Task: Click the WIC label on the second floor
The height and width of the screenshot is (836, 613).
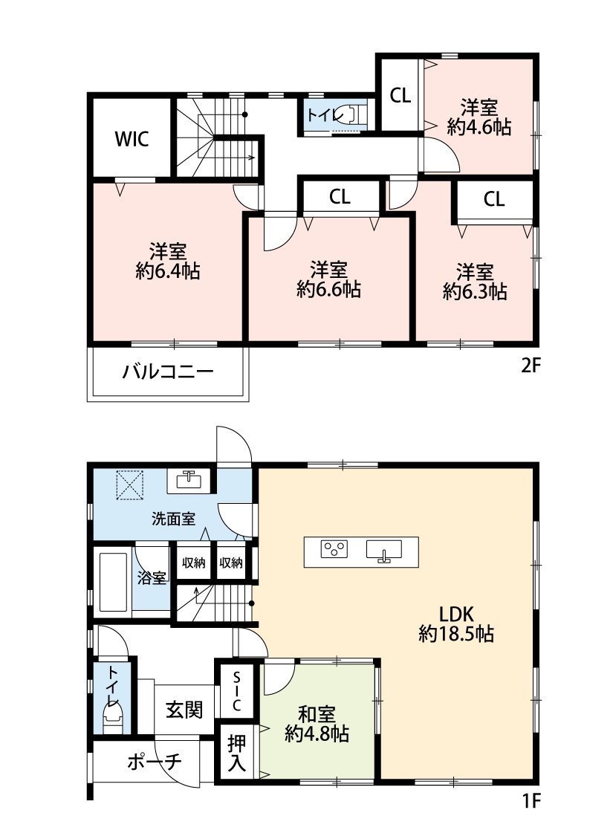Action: click(x=132, y=139)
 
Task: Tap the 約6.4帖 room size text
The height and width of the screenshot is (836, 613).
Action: click(x=168, y=271)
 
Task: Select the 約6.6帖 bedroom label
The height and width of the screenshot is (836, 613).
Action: click(x=329, y=290)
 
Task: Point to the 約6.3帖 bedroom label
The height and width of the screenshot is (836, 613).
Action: click(x=474, y=291)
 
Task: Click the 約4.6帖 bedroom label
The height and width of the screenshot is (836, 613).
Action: click(x=479, y=127)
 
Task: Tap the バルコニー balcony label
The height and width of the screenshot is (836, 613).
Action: click(x=168, y=371)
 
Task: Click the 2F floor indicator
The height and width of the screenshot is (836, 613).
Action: click(x=531, y=366)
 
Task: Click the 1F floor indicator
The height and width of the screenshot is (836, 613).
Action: click(x=531, y=801)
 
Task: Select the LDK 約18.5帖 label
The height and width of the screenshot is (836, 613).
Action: click(x=456, y=624)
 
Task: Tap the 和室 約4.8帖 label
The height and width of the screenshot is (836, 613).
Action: click(x=317, y=725)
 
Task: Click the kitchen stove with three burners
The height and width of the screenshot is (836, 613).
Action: click(x=334, y=549)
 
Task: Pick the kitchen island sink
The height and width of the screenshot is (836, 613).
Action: click(x=384, y=550)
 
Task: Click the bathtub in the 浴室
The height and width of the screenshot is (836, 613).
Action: click(x=114, y=582)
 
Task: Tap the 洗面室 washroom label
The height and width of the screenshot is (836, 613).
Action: click(x=173, y=519)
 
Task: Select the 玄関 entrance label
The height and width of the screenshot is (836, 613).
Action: click(x=184, y=710)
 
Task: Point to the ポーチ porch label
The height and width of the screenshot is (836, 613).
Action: click(x=155, y=762)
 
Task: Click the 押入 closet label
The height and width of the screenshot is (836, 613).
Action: click(x=237, y=754)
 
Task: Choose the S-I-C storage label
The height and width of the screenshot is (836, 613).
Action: click(x=237, y=692)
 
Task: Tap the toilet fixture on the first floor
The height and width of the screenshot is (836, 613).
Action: click(x=112, y=717)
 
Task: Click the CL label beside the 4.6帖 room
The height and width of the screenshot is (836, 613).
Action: click(x=400, y=95)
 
